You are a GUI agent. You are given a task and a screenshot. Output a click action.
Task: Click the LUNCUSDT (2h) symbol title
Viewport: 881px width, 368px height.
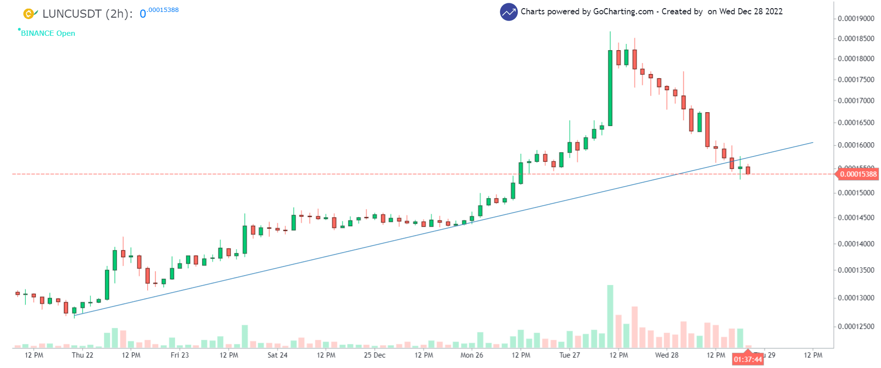point(87,14)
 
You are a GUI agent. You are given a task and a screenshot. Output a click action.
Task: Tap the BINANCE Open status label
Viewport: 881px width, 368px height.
point(48,33)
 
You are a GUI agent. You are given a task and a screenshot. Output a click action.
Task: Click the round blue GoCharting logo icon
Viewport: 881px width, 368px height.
point(509,12)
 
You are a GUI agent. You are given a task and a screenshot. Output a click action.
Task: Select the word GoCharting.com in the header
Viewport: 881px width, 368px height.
point(623,11)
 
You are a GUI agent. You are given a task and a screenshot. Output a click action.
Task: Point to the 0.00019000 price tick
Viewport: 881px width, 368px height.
point(856,19)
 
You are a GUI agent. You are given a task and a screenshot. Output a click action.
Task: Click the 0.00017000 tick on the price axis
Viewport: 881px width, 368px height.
point(856,101)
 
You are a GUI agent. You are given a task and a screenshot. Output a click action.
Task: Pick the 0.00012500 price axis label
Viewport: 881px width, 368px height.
point(856,326)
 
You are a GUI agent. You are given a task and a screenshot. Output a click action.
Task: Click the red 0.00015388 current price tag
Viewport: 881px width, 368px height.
point(858,174)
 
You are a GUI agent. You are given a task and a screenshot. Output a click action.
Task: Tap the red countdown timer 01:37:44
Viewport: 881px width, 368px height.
point(748,359)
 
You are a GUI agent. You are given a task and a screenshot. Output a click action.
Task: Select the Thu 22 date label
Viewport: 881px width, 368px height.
point(82,355)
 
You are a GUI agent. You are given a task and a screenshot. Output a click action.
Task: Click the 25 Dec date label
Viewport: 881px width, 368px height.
point(375,355)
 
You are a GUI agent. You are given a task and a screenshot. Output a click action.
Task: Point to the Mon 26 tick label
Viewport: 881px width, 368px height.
point(471,355)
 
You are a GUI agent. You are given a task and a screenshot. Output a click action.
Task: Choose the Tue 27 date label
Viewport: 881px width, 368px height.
point(570,355)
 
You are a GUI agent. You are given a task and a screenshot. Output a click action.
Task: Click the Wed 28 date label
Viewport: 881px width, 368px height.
point(666,355)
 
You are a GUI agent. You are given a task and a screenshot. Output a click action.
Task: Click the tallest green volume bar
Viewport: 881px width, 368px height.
point(610,316)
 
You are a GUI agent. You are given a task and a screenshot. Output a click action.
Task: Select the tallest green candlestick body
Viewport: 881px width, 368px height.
point(610,88)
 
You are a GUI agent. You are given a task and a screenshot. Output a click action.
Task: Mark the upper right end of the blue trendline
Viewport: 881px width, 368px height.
point(813,142)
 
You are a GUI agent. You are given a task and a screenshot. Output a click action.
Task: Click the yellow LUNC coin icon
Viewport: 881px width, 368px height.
point(29,14)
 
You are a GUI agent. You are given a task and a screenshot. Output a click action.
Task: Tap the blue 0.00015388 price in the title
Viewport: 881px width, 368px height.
point(159,11)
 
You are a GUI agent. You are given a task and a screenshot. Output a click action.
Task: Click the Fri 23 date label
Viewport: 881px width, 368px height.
point(180,355)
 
